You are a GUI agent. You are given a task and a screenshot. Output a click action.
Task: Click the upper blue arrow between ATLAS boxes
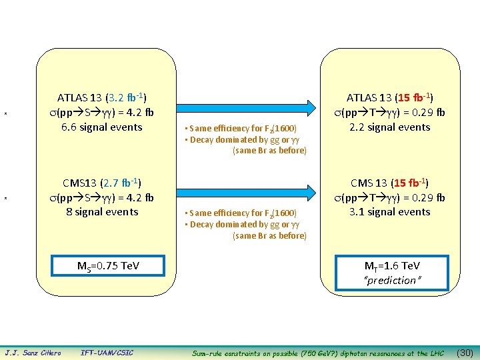click(x=247, y=105)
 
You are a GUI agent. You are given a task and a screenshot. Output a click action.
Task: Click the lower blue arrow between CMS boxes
click(x=247, y=189)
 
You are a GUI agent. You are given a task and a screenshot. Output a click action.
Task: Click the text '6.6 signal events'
click(x=101, y=127)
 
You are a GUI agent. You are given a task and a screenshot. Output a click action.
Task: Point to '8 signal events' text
click(x=102, y=211)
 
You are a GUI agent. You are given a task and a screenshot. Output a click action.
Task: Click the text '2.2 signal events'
click(x=390, y=127)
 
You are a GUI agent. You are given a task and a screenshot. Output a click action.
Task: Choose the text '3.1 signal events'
click(x=390, y=211)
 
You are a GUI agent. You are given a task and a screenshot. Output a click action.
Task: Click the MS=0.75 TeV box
click(x=108, y=266)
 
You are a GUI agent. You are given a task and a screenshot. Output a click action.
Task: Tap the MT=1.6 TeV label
click(x=390, y=266)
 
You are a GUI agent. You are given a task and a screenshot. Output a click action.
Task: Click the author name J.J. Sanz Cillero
click(x=33, y=353)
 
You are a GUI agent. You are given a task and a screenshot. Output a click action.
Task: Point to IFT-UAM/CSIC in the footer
click(x=107, y=353)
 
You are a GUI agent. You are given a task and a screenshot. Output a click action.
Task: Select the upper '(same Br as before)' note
click(x=269, y=151)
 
